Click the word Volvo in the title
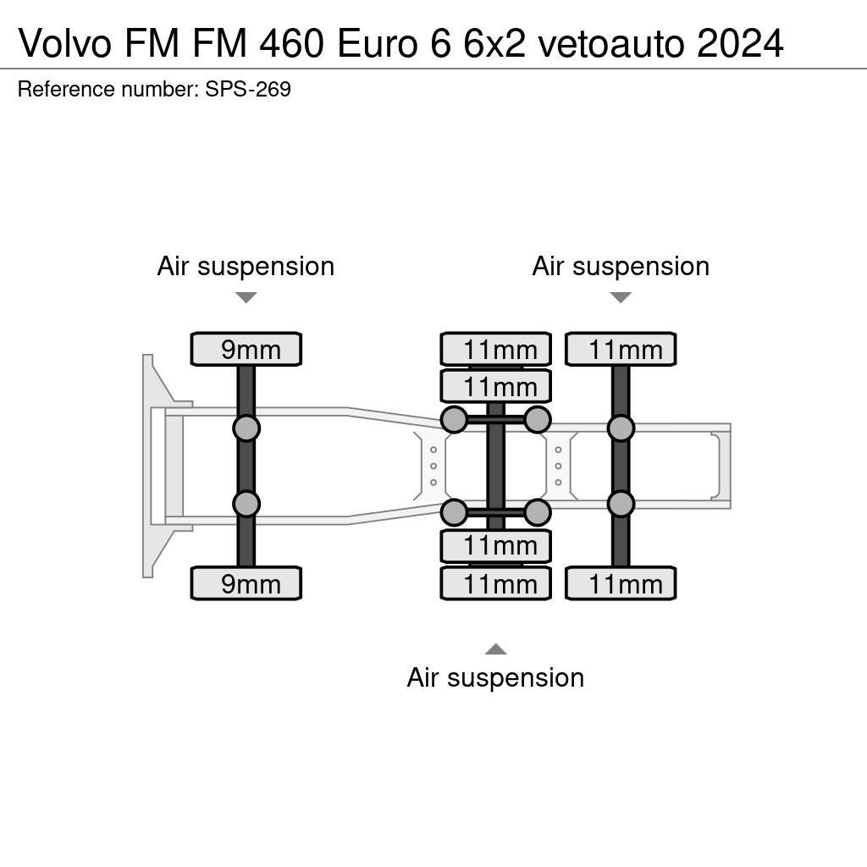(64, 43)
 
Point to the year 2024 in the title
(740, 43)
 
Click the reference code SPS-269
(248, 89)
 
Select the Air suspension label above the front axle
(246, 267)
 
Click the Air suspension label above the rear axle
(621, 267)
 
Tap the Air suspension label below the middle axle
(495, 678)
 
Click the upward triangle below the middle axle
(495, 649)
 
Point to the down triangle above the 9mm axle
(246, 297)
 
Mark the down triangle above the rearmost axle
(621, 297)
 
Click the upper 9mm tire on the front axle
(246, 350)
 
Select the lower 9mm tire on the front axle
(246, 583)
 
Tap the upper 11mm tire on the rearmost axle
(621, 350)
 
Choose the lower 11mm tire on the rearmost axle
(621, 583)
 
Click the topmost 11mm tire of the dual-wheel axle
(495, 350)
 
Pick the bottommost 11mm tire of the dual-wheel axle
(495, 583)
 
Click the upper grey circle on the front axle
(246, 428)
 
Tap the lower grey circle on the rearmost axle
(621, 504)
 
